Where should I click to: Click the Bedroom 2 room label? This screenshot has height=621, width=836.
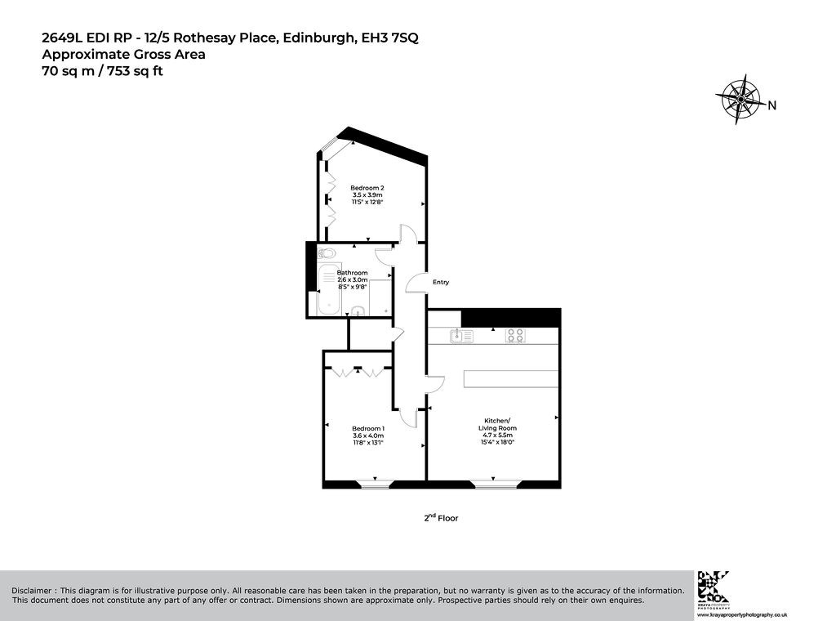(367, 188)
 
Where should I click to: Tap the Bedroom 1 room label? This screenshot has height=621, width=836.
(368, 428)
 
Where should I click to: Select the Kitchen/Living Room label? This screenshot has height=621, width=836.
(497, 423)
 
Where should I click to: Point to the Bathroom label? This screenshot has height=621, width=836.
(353, 273)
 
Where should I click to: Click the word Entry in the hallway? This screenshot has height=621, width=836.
(441, 282)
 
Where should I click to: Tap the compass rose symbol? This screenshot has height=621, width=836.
(740, 99)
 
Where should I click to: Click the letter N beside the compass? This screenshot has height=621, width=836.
(772, 105)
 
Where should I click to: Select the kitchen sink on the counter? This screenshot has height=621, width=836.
(462, 336)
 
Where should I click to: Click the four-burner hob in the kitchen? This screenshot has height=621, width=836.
(516, 336)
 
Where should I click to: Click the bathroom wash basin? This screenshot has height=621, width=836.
(358, 311)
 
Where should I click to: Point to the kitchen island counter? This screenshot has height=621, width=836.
(511, 379)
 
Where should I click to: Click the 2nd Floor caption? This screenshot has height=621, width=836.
(441, 517)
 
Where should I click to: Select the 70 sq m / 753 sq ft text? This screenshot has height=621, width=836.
(102, 71)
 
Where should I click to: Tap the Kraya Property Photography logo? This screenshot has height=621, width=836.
(714, 588)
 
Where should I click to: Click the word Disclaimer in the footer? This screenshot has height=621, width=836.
(32, 591)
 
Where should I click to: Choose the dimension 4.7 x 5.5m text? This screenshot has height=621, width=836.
(497, 435)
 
